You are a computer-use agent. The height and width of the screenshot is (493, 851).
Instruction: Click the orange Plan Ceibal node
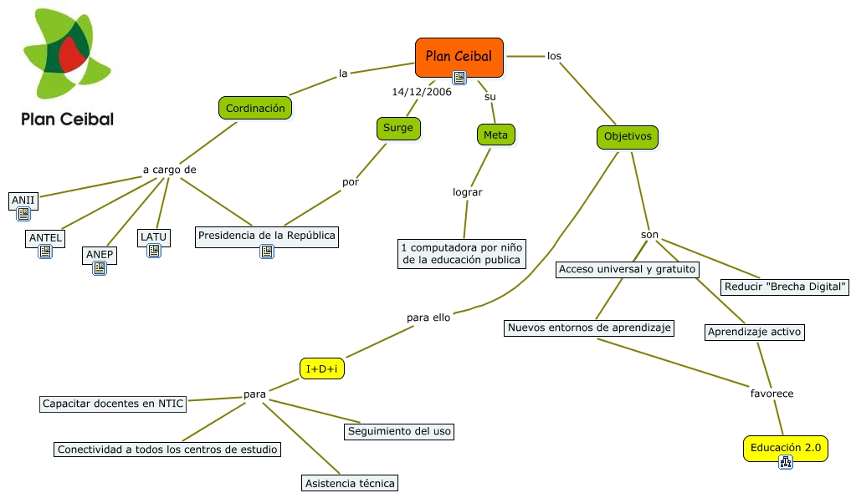(x=459, y=57)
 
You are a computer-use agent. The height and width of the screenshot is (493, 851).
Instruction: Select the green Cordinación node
(x=255, y=108)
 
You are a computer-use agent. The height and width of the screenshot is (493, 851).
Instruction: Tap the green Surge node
(x=397, y=128)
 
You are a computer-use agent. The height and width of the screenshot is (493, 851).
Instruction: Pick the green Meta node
(x=495, y=135)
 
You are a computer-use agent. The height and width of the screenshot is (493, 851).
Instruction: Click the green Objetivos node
(x=627, y=136)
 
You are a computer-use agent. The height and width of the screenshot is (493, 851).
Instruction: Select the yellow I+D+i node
(x=323, y=368)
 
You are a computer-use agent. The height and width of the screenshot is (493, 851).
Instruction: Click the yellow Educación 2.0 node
(x=785, y=449)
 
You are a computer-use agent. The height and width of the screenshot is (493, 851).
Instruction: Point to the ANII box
(x=23, y=200)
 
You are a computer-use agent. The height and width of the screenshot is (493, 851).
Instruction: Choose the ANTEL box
(x=45, y=237)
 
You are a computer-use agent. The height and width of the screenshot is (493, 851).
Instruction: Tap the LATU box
(x=153, y=236)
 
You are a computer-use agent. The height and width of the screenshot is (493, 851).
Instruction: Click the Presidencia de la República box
(x=267, y=236)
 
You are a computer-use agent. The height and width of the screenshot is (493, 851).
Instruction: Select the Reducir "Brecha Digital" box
(x=785, y=287)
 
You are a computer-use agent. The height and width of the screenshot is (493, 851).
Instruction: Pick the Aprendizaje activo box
(x=755, y=332)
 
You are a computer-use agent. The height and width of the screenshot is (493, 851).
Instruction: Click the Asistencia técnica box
(x=350, y=483)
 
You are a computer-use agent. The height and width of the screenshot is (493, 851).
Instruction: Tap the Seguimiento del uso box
(x=399, y=431)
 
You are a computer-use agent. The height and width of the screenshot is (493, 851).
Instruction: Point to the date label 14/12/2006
(x=421, y=92)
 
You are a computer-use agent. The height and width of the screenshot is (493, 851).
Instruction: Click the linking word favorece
(x=772, y=393)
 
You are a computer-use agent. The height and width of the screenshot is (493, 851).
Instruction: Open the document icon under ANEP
(x=100, y=268)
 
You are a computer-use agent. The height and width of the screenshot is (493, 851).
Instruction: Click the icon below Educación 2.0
(x=785, y=462)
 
